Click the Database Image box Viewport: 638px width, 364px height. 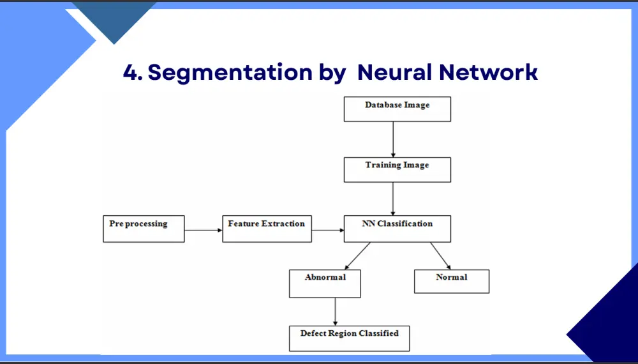[397, 109]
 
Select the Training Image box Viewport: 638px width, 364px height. [397, 170]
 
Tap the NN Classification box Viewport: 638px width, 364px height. [397, 229]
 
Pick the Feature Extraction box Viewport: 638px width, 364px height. [267, 229]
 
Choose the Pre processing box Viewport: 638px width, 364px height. [144, 229]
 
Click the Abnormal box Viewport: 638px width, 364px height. [325, 284]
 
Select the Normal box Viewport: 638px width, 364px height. [452, 282]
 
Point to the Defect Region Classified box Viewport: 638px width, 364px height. [349, 338]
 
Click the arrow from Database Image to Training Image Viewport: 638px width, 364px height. [393, 139]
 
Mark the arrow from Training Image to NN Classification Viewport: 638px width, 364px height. [393, 199]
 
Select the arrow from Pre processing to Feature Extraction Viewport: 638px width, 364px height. [204, 230]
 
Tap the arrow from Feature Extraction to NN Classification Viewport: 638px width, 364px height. [328, 230]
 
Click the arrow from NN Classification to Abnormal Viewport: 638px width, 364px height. [358, 255]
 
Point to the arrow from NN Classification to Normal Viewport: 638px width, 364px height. [441, 255]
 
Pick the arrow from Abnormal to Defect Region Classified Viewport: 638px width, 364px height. [336, 312]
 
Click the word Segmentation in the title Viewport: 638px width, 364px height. [230, 72]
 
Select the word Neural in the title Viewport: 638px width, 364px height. [394, 72]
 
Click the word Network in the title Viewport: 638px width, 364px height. [489, 72]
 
